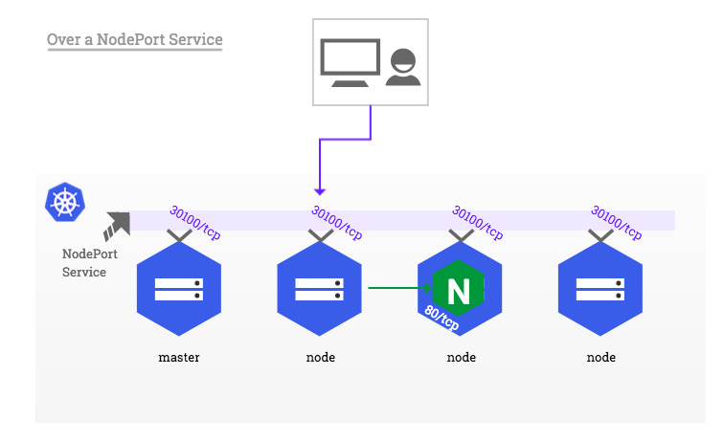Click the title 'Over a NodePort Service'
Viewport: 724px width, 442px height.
click(134, 40)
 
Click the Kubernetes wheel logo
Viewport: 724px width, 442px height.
click(65, 202)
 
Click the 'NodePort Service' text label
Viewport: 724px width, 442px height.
click(84, 263)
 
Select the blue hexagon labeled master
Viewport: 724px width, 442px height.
click(178, 286)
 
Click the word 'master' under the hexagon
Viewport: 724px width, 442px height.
click(178, 358)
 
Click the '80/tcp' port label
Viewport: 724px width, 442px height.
click(441, 315)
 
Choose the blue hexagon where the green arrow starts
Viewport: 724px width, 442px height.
click(319, 286)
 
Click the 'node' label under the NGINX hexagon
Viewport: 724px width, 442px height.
click(461, 358)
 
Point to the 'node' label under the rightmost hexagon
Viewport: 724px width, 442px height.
click(601, 358)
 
